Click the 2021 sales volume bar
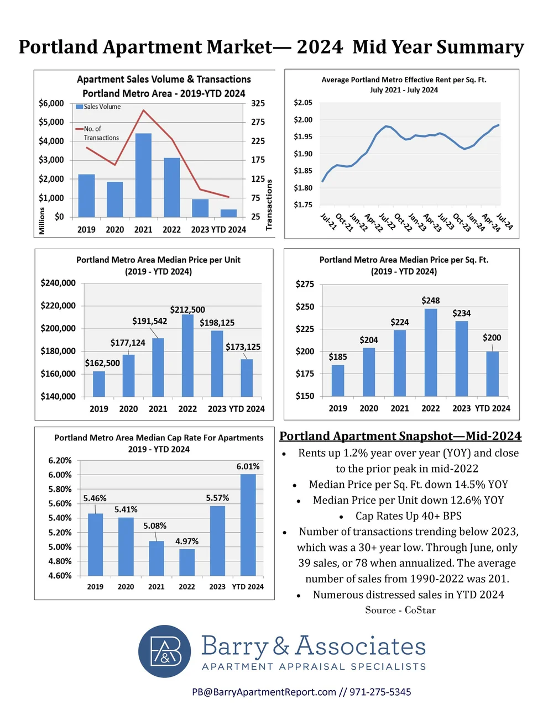point(143,175)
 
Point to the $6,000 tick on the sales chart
point(51,103)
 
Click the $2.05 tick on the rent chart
point(303,103)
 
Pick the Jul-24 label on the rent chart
point(504,221)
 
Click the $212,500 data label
point(187,310)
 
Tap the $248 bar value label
point(431,301)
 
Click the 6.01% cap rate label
point(248,467)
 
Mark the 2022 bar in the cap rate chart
point(187,562)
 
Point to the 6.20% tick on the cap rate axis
point(60,461)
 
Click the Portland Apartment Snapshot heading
point(400,436)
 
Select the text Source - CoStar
point(400,610)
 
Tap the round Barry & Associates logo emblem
point(165,651)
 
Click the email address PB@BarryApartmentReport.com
point(264,692)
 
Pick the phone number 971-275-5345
point(380,692)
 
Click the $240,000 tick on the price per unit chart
point(58,283)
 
